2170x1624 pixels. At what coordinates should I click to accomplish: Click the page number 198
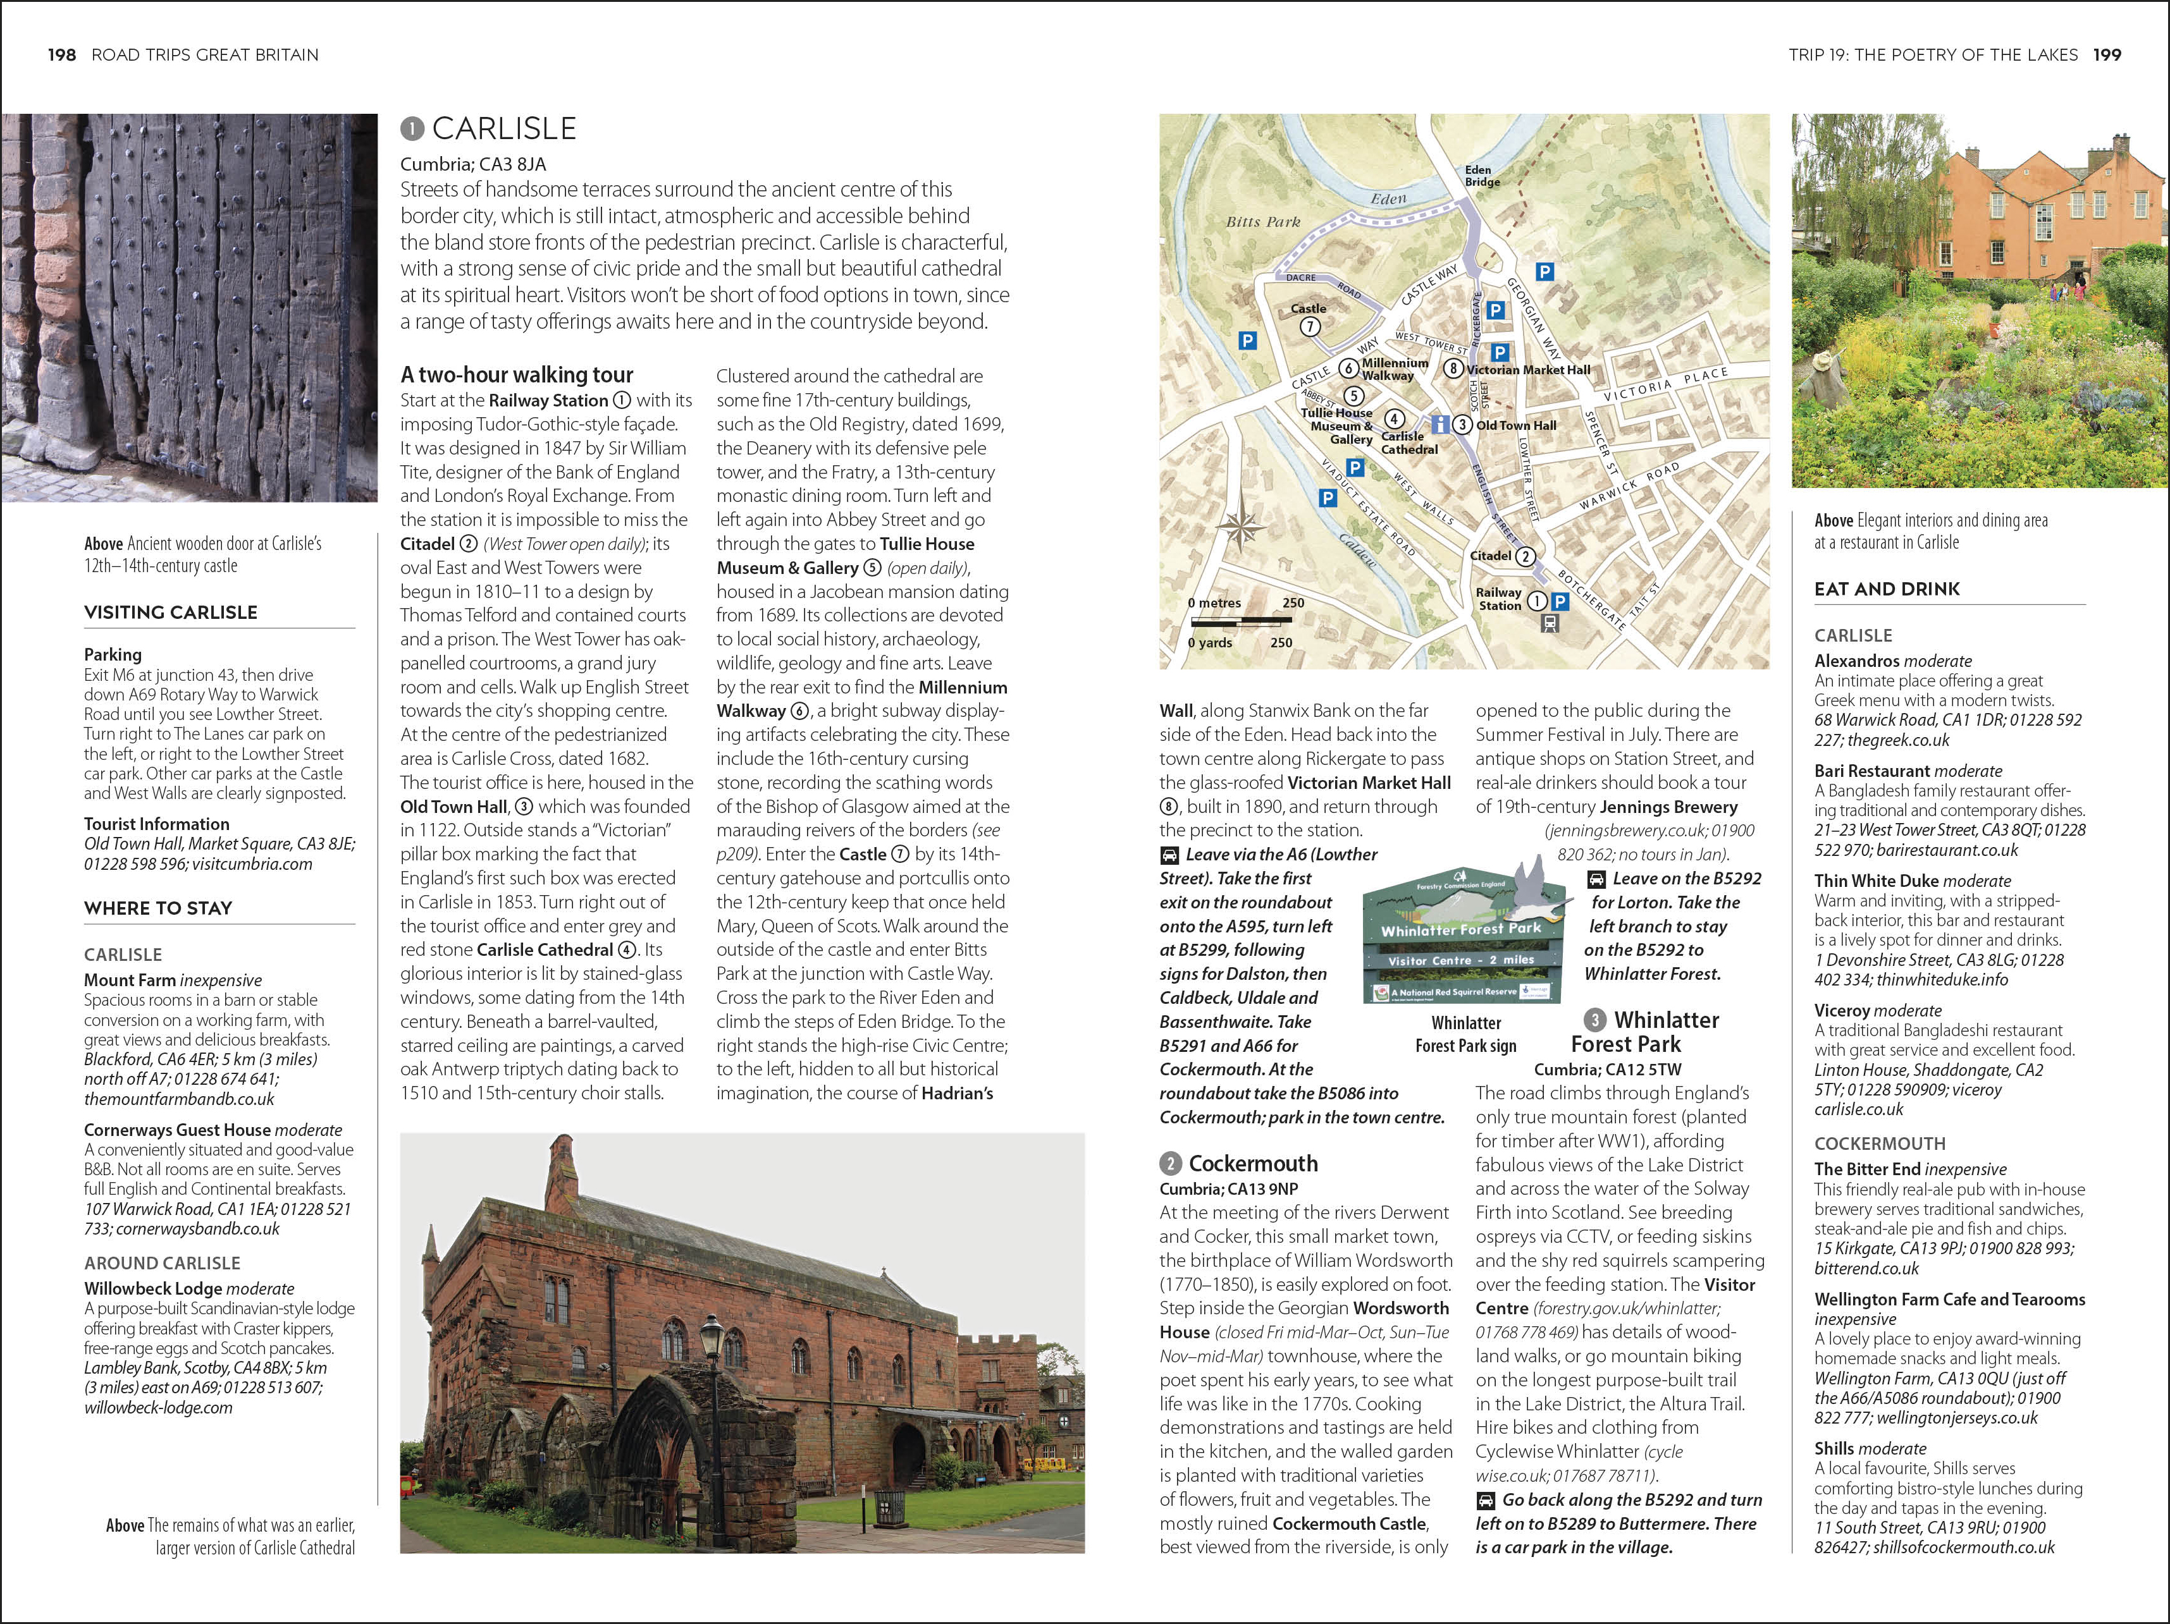[62, 55]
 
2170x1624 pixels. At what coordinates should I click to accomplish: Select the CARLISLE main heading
[503, 128]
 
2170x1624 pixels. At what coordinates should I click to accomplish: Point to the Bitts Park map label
[1262, 223]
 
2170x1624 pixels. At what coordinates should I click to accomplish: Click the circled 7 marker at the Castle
[1310, 327]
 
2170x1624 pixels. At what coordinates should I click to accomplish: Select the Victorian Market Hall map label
[1527, 370]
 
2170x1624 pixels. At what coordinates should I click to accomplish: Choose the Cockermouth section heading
[1253, 1163]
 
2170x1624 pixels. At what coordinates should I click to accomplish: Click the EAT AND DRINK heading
[1887, 589]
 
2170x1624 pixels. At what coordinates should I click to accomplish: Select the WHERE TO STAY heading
[158, 908]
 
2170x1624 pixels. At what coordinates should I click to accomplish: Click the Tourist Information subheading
[156, 824]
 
